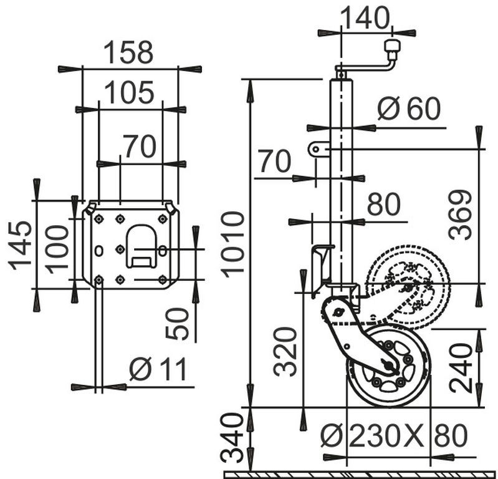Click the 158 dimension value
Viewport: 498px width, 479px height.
(128, 52)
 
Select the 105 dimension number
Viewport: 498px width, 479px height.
(129, 93)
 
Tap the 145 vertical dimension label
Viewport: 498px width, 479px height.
(20, 245)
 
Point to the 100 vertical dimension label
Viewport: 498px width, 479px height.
(57, 249)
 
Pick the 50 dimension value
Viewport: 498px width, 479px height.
(177, 324)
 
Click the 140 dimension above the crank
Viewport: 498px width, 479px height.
(365, 18)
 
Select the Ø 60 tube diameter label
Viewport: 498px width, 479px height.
(409, 108)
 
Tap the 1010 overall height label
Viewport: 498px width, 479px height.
(232, 244)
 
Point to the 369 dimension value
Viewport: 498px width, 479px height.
(460, 215)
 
